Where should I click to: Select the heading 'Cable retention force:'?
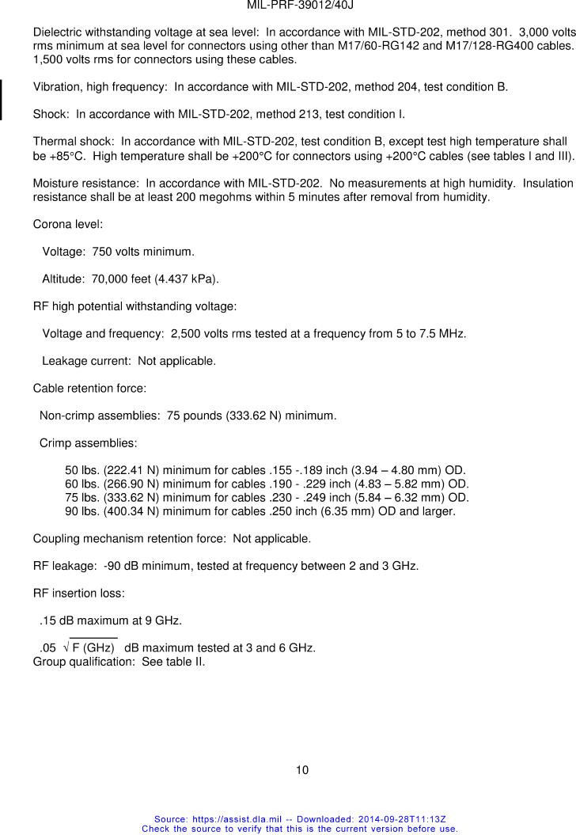tap(89, 389)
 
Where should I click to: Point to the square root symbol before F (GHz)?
tap(65, 647)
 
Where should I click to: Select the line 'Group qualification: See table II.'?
tap(119, 661)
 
